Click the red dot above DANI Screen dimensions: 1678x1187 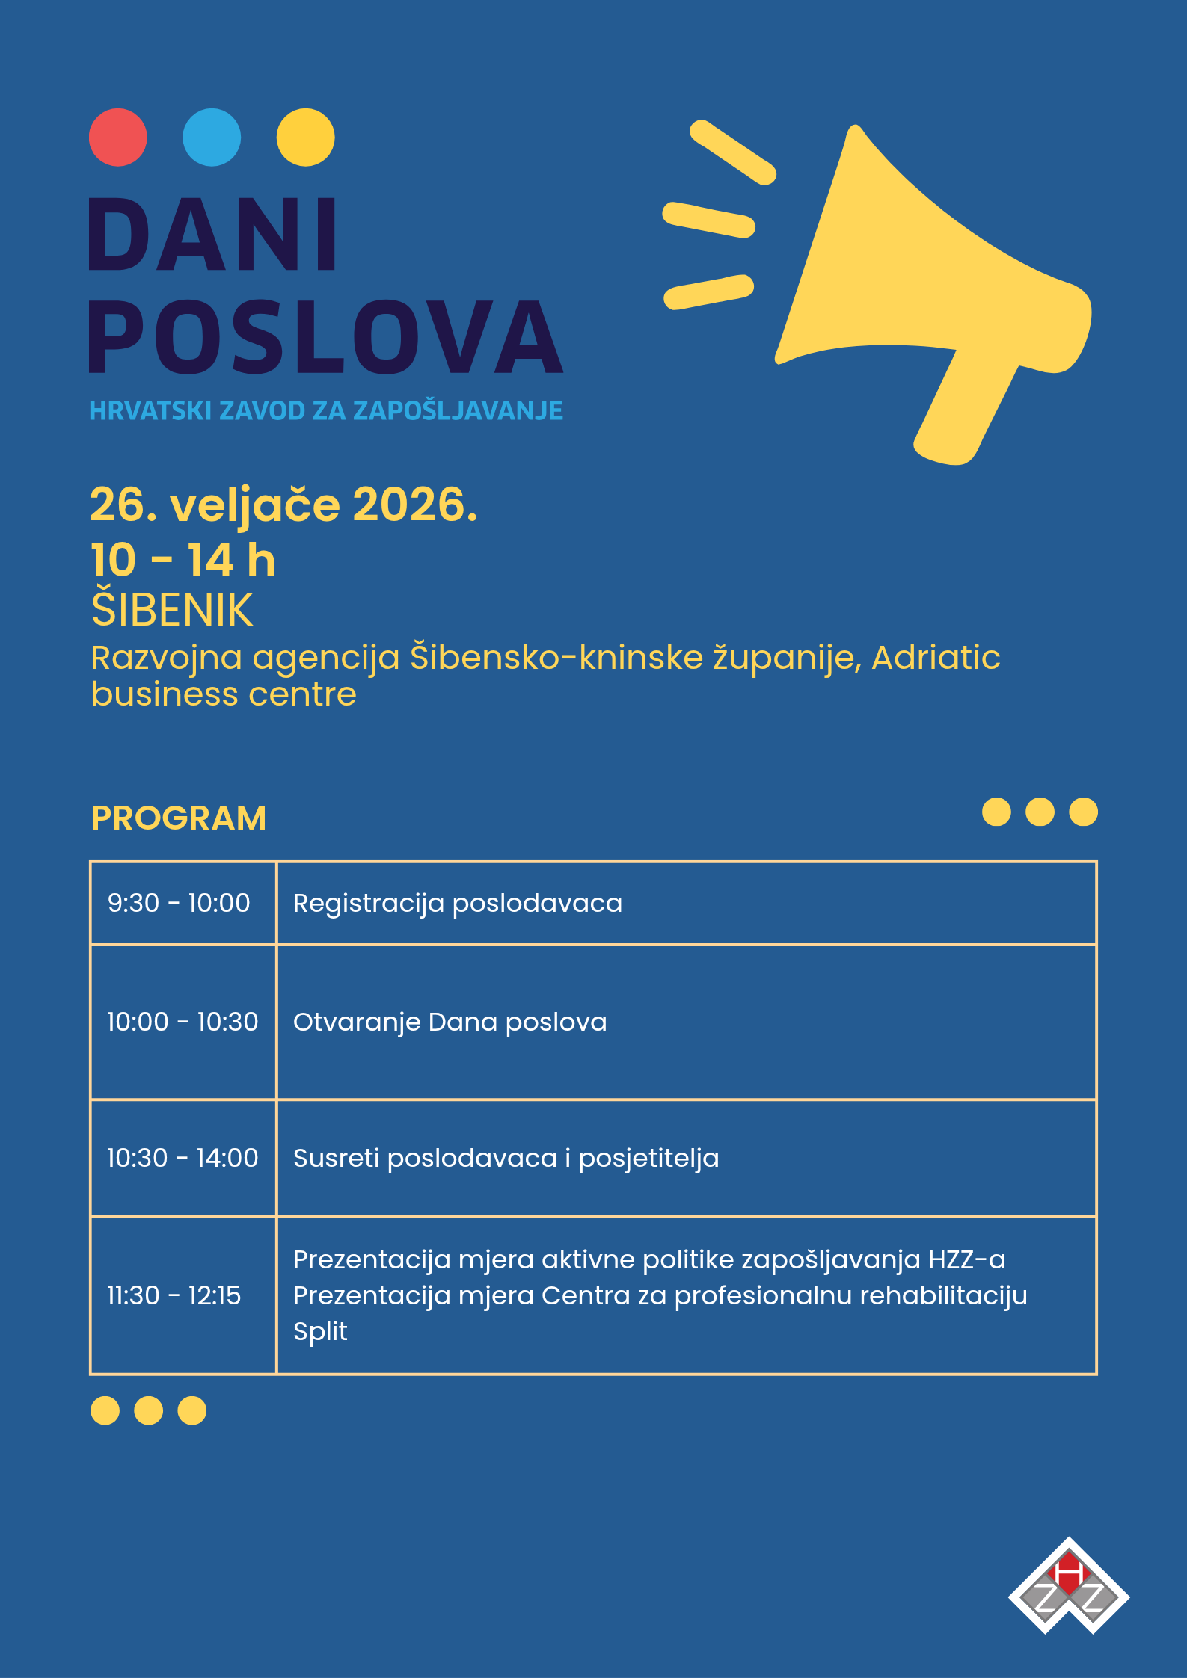(x=118, y=138)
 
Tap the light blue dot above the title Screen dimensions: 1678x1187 (x=212, y=138)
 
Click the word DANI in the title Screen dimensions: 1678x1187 (x=214, y=235)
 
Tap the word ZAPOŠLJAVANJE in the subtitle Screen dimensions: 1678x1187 (x=458, y=410)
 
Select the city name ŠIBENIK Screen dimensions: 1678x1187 (x=172, y=610)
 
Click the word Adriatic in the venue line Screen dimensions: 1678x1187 (x=936, y=658)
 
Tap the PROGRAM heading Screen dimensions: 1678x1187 (x=178, y=818)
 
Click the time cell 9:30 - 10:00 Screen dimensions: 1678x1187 (x=179, y=903)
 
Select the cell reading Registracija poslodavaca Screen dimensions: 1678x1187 (x=457, y=903)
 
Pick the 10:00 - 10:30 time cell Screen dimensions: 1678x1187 (x=182, y=1022)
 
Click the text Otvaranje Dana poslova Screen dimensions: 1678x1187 (x=450, y=1022)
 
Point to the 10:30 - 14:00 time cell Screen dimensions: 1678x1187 (x=182, y=1158)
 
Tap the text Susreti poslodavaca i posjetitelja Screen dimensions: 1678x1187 (x=506, y=1158)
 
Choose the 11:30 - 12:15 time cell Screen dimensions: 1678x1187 (x=174, y=1295)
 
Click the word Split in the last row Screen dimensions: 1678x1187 (x=320, y=1331)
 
